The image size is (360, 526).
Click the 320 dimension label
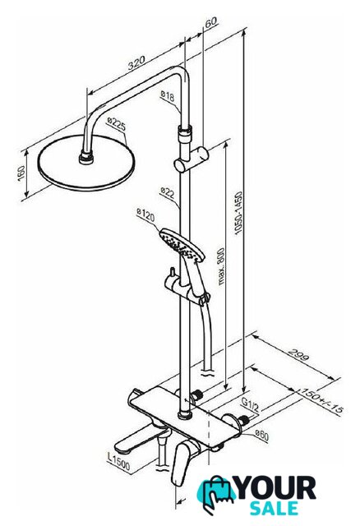tap(136, 62)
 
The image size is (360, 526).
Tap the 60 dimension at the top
tap(211, 22)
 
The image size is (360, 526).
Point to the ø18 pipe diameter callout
tap(168, 96)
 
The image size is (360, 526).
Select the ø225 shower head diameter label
tap(117, 124)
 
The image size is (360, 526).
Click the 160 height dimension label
tap(21, 173)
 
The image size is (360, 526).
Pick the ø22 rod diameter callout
tap(168, 192)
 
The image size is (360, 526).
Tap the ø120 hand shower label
tap(146, 215)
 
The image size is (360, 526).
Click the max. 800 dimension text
tap(221, 266)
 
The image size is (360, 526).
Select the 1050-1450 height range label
tap(238, 213)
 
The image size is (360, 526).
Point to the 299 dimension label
tap(298, 355)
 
